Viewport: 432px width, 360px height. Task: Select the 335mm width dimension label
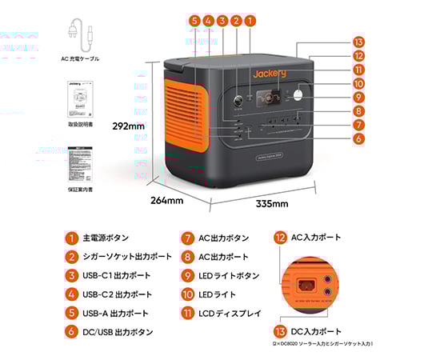(x=271, y=204)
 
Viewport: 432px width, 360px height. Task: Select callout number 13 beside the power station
(x=358, y=42)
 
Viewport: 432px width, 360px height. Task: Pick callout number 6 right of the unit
(x=358, y=138)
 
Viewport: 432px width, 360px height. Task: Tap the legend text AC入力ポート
(x=318, y=238)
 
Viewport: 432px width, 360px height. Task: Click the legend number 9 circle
(x=186, y=275)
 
